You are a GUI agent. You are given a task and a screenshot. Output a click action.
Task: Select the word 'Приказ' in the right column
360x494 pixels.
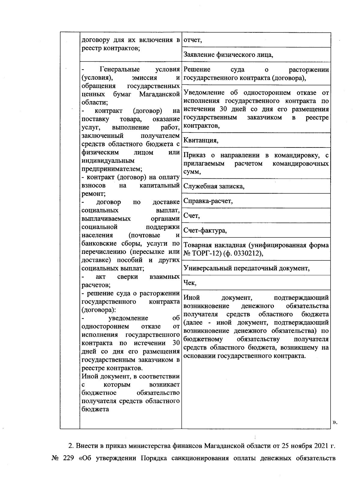(194, 155)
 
